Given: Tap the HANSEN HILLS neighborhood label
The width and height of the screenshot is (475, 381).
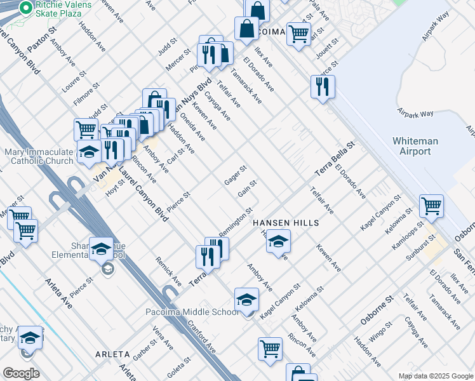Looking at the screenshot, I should [285, 224].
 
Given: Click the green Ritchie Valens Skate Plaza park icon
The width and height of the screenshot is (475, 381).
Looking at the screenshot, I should [26, 8].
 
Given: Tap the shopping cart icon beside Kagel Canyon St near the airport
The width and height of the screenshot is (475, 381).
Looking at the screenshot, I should [431, 206].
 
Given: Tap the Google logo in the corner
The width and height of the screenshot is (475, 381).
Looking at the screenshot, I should [21, 373].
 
